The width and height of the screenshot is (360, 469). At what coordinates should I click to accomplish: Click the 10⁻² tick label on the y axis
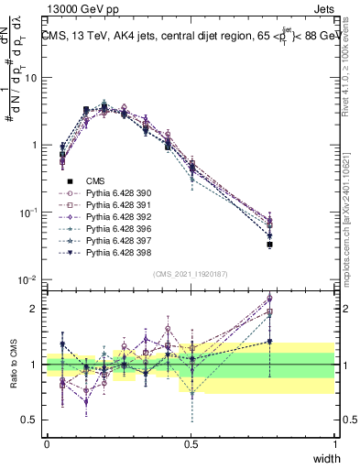click(27, 280)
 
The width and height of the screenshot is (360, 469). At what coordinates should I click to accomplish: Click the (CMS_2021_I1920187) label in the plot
click(191, 274)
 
